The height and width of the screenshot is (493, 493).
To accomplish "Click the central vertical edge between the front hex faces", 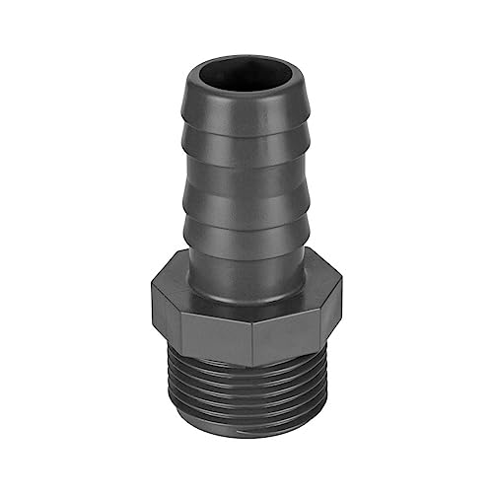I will click(252, 330).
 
